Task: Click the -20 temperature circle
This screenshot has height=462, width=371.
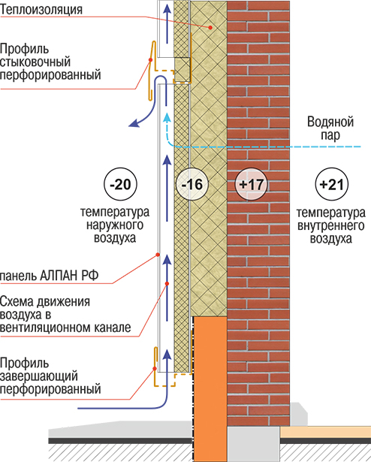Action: click(120, 185)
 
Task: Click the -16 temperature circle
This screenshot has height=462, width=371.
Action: click(192, 185)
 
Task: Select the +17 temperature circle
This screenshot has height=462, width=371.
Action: click(251, 185)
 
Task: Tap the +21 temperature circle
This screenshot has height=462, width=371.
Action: click(331, 185)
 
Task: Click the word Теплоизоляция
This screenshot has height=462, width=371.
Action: click(41, 10)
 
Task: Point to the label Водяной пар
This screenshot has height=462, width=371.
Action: click(330, 128)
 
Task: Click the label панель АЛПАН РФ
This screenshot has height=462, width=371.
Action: click(49, 276)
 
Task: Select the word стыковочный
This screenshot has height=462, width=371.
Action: click(35, 62)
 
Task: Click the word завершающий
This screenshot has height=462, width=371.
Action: click(39, 376)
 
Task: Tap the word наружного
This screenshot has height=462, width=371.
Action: click(115, 225)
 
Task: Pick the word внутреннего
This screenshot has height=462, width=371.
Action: click(331, 225)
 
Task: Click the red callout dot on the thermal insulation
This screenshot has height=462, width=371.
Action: click(210, 27)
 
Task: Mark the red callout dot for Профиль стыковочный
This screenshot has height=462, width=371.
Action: click(150, 60)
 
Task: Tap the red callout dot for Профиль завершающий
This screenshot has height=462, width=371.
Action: click(155, 369)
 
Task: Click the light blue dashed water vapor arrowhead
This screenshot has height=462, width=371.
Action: click(167, 117)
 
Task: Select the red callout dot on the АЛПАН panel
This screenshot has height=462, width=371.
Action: click(158, 255)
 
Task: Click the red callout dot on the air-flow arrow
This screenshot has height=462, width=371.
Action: click(167, 283)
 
